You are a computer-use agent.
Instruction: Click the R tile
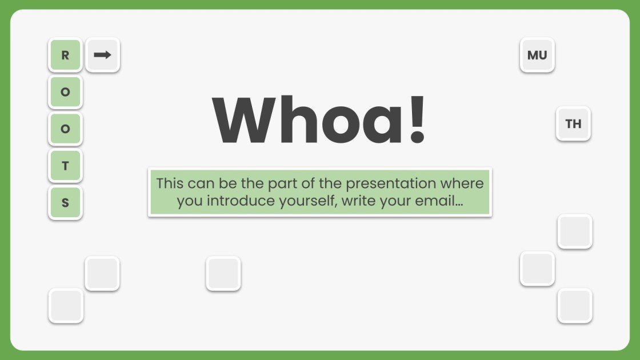tap(65, 55)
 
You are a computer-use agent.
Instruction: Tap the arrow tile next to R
tap(102, 55)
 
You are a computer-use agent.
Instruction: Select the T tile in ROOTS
tap(65, 166)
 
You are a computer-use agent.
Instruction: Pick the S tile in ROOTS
tap(65, 202)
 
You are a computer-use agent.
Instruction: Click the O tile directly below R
tap(65, 92)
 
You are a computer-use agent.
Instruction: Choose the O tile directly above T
tap(65, 129)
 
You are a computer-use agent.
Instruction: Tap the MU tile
tap(537, 55)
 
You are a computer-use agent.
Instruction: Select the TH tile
tap(573, 123)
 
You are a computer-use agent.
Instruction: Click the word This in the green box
tap(170, 183)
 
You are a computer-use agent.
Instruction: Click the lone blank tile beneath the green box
tap(223, 274)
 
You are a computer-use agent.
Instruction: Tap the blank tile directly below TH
tap(575, 231)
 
